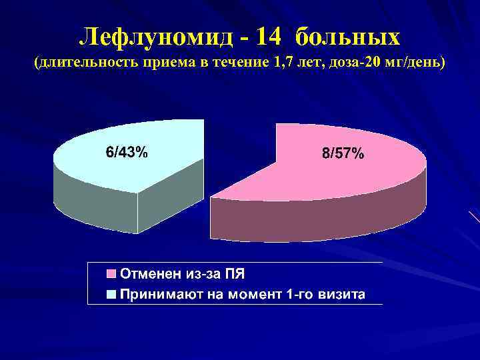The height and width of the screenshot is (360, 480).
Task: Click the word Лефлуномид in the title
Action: tap(155, 37)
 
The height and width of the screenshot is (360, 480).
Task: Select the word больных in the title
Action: tap(347, 37)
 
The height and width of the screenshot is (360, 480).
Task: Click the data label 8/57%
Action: tap(343, 154)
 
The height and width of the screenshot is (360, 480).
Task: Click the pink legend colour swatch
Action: tap(111, 273)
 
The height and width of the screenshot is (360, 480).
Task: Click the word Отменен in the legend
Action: tap(147, 273)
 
